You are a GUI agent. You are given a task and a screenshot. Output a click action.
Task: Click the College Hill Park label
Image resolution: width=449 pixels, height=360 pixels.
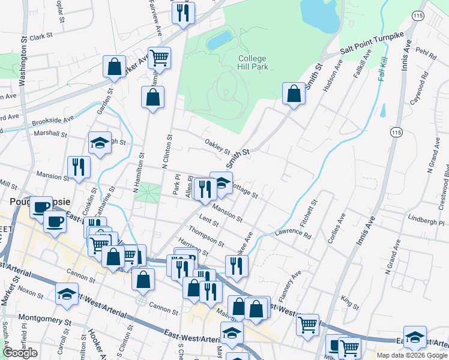coord(253,62)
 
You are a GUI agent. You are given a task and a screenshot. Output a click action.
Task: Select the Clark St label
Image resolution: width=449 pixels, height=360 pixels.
coord(41,37)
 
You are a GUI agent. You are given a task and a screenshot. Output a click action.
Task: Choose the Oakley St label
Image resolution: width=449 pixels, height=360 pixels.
coord(217,145)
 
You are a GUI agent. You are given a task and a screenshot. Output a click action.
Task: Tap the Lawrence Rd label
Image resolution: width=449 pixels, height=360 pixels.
coord(293,233)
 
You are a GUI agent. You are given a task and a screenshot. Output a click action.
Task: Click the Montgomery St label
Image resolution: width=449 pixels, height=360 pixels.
coord(44,317)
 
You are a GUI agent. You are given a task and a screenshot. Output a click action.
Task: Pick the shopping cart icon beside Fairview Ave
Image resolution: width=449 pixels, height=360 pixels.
coord(159,58)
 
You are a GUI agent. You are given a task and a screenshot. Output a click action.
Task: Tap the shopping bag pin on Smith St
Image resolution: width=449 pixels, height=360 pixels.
coord(294,94)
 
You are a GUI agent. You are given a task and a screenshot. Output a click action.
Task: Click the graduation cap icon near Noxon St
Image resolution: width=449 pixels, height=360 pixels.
coord(67,294)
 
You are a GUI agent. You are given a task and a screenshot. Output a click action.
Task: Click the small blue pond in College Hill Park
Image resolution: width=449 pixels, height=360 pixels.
coord(219,41)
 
